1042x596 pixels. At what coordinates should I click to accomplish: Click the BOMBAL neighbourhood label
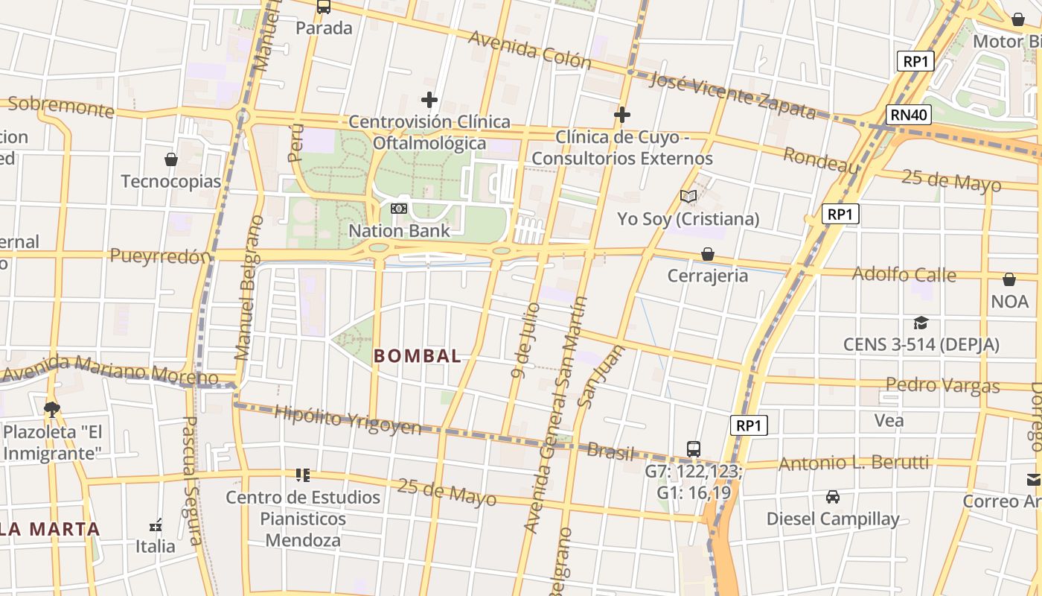[x=418, y=356]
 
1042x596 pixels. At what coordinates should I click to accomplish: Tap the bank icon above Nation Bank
[x=399, y=209]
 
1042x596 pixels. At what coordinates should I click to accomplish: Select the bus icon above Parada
[x=324, y=7]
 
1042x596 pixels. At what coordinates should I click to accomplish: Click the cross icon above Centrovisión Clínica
[x=429, y=100]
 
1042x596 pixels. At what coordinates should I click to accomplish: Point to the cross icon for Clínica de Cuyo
[x=622, y=115]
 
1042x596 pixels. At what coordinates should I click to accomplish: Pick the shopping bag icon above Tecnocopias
[x=171, y=159]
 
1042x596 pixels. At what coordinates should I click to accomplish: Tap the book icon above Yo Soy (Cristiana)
[x=688, y=197]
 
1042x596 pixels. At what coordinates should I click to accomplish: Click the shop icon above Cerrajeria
[x=708, y=254]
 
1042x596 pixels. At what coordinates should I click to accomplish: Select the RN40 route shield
[x=910, y=115]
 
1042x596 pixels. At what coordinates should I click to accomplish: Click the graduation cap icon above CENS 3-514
[x=921, y=323]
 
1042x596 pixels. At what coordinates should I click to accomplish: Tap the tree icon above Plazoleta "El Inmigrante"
[x=52, y=408]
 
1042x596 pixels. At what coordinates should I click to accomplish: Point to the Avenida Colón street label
[x=530, y=50]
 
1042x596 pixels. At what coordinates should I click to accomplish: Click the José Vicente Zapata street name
[x=732, y=95]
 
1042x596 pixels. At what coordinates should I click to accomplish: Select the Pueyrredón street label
[x=160, y=256]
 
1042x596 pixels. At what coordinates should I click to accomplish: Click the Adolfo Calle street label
[x=904, y=274]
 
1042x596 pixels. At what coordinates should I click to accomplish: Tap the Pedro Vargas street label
[x=942, y=385]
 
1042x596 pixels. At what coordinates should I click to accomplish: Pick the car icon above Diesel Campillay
[x=833, y=497]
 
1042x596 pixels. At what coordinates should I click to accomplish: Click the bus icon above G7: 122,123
[x=694, y=448]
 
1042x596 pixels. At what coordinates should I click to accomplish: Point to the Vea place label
[x=889, y=420]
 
